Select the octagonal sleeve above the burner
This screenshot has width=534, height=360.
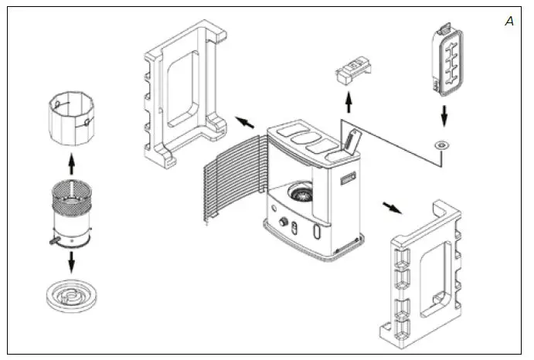click(71, 118)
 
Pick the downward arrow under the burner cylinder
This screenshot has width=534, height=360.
click(71, 263)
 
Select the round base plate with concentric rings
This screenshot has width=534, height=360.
click(71, 297)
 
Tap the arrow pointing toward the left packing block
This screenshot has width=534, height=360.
click(245, 121)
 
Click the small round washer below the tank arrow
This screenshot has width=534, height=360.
click(443, 144)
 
